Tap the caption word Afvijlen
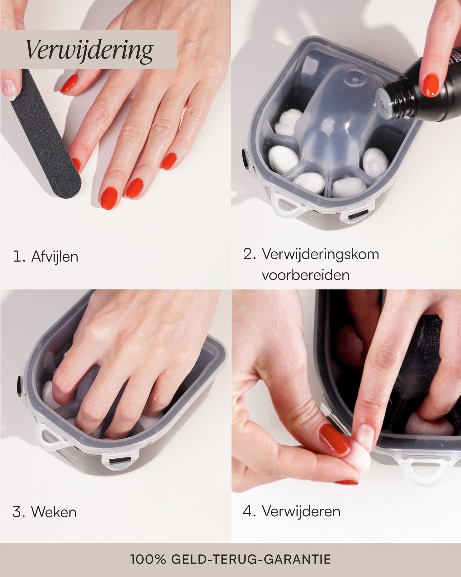point(55,257)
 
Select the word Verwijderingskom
point(320,254)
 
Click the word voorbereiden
point(305,275)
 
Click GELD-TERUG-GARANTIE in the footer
point(251,559)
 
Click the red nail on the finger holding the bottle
point(432,83)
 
